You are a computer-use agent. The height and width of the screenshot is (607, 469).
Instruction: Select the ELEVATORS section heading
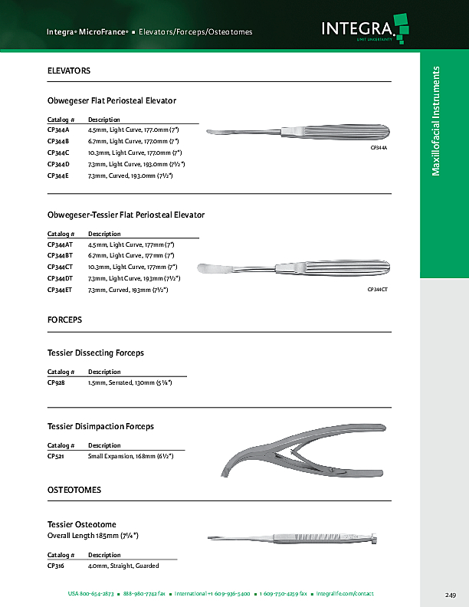69,71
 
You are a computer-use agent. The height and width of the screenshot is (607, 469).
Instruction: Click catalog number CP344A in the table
58,130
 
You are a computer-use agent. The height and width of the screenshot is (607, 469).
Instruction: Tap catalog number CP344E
58,176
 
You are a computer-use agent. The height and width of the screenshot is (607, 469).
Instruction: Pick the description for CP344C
133,153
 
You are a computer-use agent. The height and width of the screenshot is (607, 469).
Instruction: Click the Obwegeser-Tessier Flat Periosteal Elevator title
126,215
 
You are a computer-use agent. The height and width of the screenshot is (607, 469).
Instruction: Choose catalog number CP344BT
60,255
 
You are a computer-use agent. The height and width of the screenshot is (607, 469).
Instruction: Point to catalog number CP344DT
60,278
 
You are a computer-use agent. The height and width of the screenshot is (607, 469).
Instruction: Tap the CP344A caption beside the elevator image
379,146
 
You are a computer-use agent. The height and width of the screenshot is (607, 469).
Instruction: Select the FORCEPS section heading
64,319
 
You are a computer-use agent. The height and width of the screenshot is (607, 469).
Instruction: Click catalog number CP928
56,382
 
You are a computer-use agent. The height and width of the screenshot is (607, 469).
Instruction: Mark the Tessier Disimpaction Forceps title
100,426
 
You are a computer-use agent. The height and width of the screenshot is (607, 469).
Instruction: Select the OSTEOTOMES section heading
74,489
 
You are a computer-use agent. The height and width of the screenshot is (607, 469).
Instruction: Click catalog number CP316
56,566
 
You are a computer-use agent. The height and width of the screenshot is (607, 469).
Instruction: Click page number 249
450,595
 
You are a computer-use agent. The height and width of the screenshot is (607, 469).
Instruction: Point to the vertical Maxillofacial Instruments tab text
436,121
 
